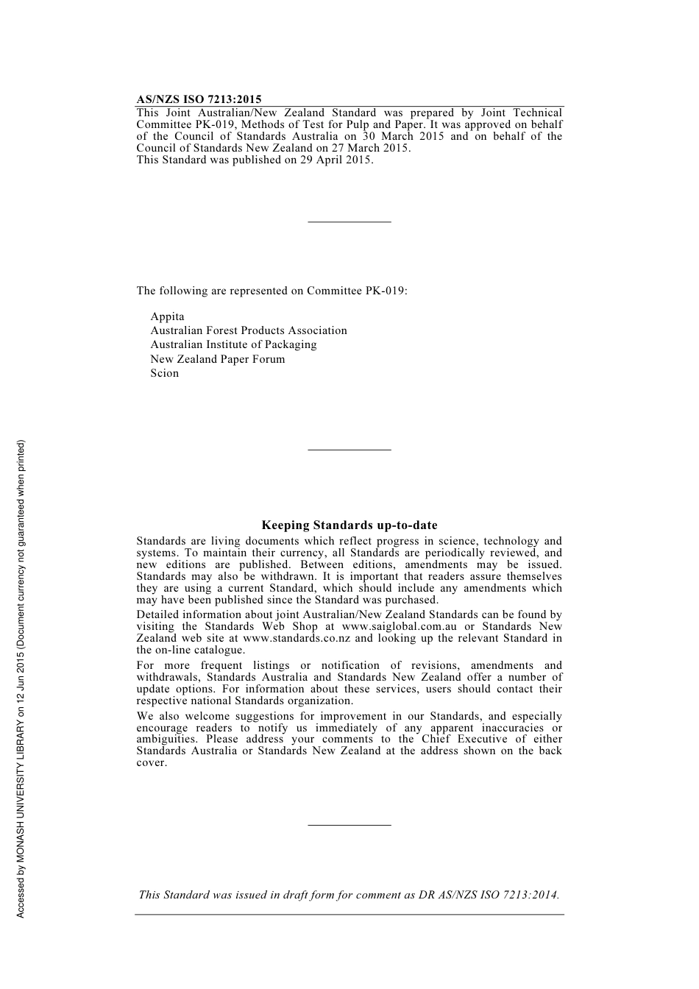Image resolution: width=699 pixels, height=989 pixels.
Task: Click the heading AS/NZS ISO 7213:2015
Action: point(199,99)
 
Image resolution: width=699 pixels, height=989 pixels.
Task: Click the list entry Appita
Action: point(167,316)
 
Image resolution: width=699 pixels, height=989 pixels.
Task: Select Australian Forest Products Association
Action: point(248,330)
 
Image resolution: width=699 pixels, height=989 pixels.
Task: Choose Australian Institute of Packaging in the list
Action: point(233,344)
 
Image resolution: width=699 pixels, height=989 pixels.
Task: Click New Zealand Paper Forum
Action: point(217,359)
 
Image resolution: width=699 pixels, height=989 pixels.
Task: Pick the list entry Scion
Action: point(164,373)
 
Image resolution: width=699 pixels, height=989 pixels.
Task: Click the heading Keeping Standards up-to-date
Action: point(349,525)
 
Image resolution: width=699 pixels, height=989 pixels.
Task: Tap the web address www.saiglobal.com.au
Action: point(394,627)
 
